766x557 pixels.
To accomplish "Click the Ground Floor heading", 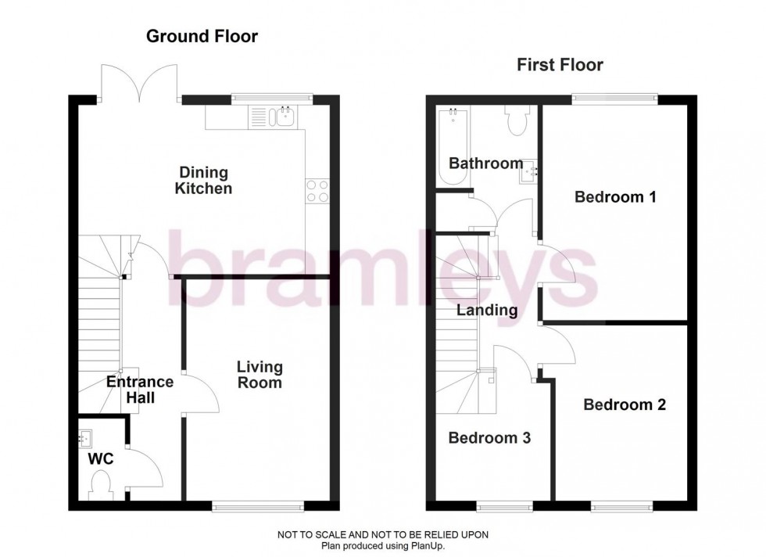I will pyautogui.click(x=202, y=36).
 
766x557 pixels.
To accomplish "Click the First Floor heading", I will pyautogui.click(x=560, y=65).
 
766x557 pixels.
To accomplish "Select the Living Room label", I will pyautogui.click(x=260, y=375).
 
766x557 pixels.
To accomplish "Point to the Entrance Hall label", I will pyautogui.click(x=140, y=390).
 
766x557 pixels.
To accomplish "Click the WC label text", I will pyautogui.click(x=100, y=458).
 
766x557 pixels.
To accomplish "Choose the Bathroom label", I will pyautogui.click(x=485, y=164).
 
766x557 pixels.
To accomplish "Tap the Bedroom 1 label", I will pyautogui.click(x=615, y=197).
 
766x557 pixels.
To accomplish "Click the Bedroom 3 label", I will pyautogui.click(x=489, y=438).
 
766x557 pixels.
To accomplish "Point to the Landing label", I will pyautogui.click(x=487, y=311).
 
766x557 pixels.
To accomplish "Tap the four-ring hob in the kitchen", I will pyautogui.click(x=317, y=191).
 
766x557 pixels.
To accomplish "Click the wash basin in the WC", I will pyautogui.click(x=85, y=437).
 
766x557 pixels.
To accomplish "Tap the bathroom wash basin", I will pyautogui.click(x=528, y=168).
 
